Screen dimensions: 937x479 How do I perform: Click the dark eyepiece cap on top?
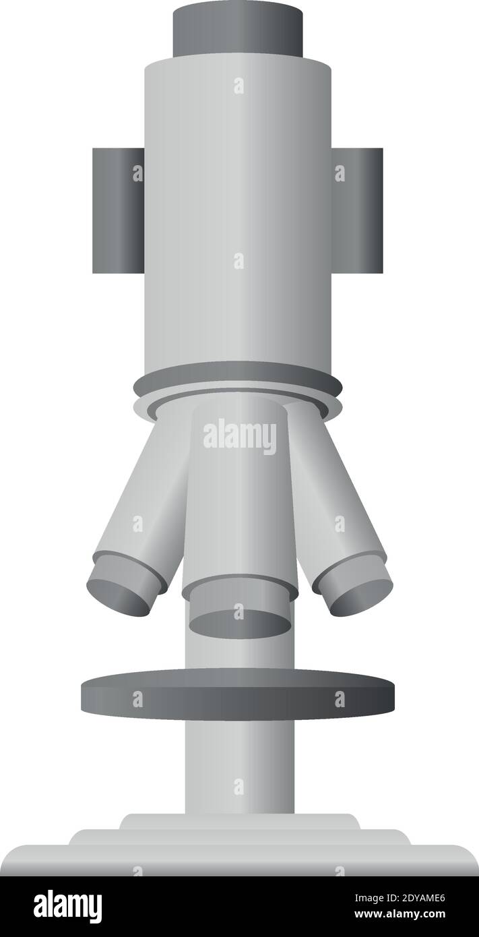point(238,30)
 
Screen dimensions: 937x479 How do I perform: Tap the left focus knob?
point(118,210)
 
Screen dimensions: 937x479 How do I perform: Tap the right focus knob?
point(357,210)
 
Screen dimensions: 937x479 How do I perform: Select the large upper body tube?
point(238,202)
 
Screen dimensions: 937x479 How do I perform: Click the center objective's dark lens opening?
point(240,623)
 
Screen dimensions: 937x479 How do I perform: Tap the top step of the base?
point(239,821)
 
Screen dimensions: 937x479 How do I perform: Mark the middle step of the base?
point(239,837)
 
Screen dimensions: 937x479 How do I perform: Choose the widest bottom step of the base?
point(239,860)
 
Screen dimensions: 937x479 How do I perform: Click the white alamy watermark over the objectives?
point(240,436)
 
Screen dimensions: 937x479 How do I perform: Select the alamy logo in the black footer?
point(67,906)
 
